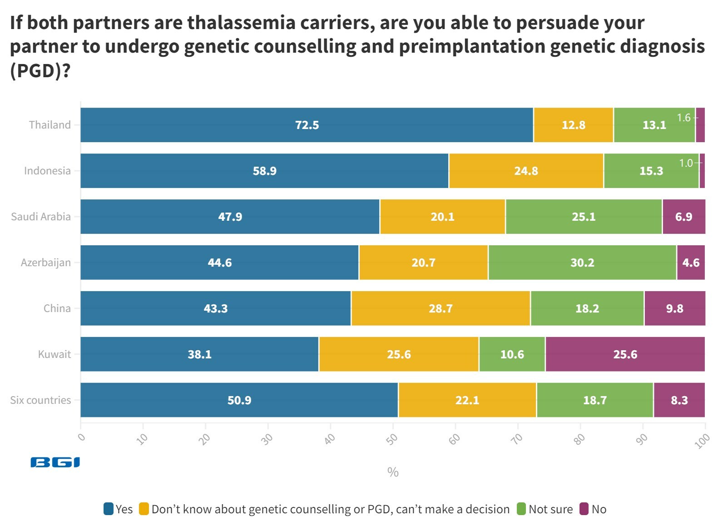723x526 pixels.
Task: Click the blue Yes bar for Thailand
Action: (307, 125)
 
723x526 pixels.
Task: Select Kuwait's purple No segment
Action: (625, 354)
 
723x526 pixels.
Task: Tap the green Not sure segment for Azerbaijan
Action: (582, 263)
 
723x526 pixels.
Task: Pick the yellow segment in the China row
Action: (441, 308)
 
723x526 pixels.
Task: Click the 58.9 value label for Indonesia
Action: (264, 171)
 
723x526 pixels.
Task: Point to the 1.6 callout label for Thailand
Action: (683, 118)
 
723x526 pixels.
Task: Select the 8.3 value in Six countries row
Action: (679, 400)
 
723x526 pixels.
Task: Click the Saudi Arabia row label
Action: (41, 217)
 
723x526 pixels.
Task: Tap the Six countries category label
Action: (40, 400)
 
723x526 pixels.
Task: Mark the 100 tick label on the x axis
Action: (702, 441)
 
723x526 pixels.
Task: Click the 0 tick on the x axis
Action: (82, 437)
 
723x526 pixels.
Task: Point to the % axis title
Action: (393, 472)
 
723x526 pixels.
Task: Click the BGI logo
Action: (55, 462)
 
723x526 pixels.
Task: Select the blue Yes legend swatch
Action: (109, 509)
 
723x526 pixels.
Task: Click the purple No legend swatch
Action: (584, 509)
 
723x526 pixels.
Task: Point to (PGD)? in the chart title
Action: (40, 70)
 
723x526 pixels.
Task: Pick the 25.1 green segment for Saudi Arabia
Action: (584, 217)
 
